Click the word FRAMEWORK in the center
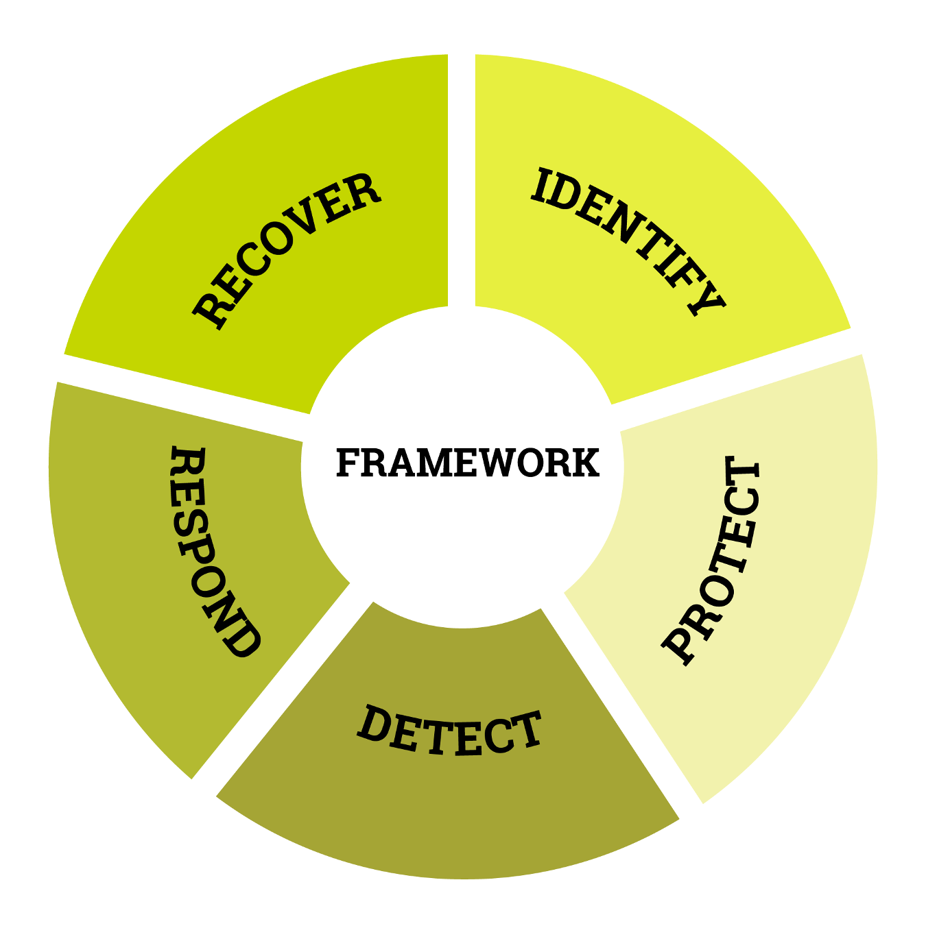(x=467, y=463)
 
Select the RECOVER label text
(x=287, y=251)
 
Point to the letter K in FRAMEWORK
(x=584, y=463)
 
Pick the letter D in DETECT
(x=374, y=722)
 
